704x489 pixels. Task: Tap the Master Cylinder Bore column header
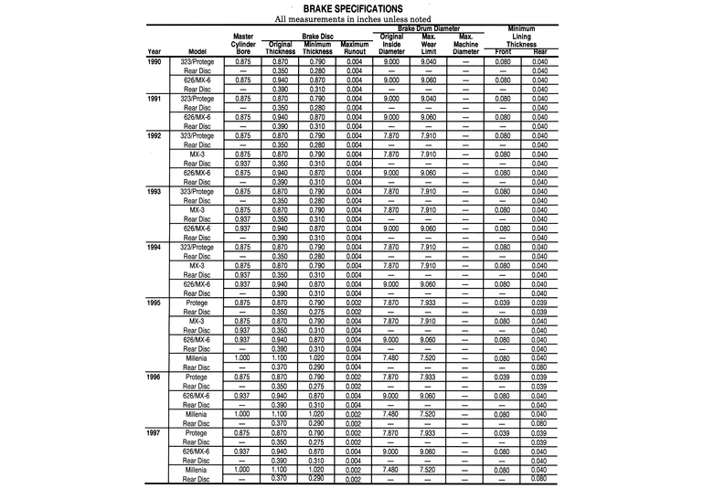[x=243, y=44]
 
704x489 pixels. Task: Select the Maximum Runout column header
[x=353, y=48]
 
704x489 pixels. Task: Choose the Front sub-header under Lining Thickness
[x=503, y=52]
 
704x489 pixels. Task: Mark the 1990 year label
[x=155, y=61]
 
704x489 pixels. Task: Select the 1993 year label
[x=155, y=192]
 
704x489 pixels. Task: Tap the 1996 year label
[x=155, y=377]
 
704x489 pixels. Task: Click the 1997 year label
[x=155, y=432]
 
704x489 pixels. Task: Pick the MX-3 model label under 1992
[x=197, y=154]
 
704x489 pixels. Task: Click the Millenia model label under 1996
[x=197, y=413]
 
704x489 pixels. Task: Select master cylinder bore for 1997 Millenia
[x=243, y=469]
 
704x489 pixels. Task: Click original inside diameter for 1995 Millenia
[x=391, y=358]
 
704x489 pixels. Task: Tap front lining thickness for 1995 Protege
[x=503, y=303]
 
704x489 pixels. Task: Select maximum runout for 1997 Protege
[x=353, y=432]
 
